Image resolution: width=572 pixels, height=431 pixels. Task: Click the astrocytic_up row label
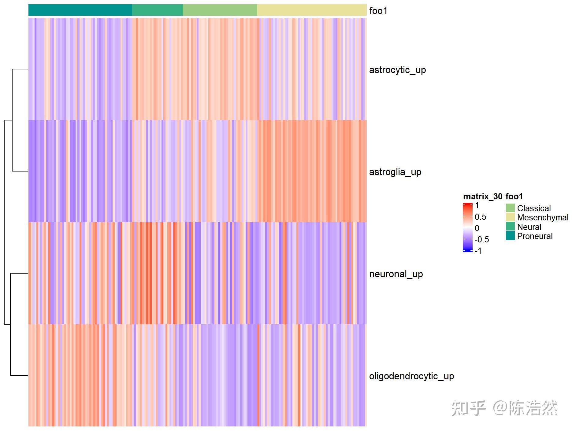(397, 70)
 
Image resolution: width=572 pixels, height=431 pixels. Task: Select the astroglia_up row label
(395, 172)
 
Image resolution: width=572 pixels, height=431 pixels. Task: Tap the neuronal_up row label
(396, 274)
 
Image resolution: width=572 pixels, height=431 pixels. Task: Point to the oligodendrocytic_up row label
(411, 376)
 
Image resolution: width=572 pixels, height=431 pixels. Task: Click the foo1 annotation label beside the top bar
(378, 11)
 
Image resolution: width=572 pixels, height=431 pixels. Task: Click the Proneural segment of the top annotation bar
(80, 10)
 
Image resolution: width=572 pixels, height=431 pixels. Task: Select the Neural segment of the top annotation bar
(157, 10)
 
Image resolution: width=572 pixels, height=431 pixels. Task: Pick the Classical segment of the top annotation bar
(220, 10)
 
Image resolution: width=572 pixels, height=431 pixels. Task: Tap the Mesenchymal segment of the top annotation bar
(312, 10)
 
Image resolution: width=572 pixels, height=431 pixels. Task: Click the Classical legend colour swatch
(510, 208)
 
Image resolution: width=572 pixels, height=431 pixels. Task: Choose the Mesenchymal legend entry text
(543, 218)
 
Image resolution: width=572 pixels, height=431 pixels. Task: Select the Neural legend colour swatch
(510, 227)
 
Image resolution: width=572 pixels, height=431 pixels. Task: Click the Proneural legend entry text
(535, 236)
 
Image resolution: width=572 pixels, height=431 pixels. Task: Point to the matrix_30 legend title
(482, 196)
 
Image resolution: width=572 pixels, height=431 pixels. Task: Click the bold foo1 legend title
(514, 196)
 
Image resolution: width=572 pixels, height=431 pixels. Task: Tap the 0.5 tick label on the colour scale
(480, 217)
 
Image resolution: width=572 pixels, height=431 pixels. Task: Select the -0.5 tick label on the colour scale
(481, 239)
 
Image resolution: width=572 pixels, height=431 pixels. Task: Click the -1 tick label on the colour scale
(478, 251)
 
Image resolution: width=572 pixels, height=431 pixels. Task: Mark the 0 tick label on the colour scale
(477, 228)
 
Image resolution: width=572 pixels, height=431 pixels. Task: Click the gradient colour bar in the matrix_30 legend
(468, 227)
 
